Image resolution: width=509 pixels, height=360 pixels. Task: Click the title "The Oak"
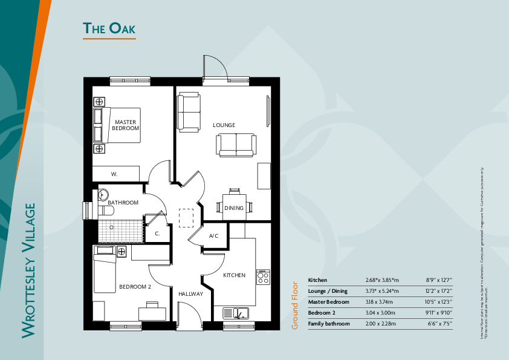(x=109, y=28)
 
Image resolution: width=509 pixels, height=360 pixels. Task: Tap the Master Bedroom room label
(x=126, y=125)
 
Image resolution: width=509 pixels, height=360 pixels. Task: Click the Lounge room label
(x=224, y=125)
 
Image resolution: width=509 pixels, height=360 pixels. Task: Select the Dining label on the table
(x=234, y=208)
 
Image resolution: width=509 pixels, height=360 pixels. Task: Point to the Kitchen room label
(x=235, y=275)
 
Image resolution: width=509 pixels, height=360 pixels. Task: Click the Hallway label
(x=190, y=294)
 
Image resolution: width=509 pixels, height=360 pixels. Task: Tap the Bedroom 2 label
(x=135, y=287)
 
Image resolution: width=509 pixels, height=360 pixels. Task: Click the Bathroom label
(x=123, y=203)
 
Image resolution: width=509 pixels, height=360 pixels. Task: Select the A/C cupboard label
(x=213, y=236)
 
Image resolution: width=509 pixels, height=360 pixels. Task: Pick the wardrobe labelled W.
(x=114, y=174)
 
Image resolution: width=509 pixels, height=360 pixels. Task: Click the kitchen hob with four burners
(x=263, y=277)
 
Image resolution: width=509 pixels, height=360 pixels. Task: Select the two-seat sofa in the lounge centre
(x=236, y=145)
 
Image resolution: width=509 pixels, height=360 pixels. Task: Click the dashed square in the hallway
(x=186, y=217)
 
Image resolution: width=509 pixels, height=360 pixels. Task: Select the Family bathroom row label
(x=329, y=324)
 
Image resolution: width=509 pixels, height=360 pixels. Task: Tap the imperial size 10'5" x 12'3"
(x=439, y=302)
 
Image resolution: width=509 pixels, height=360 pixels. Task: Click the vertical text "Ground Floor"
(x=295, y=306)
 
